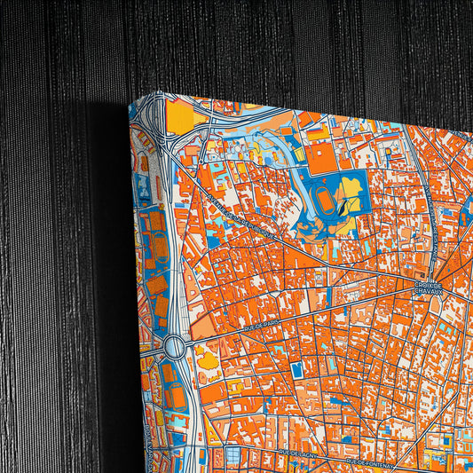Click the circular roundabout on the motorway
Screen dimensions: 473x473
click(173, 344)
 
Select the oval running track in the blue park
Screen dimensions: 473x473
click(326, 201)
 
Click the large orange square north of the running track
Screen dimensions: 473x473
click(322, 159)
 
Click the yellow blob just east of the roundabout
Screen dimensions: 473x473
click(208, 359)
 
